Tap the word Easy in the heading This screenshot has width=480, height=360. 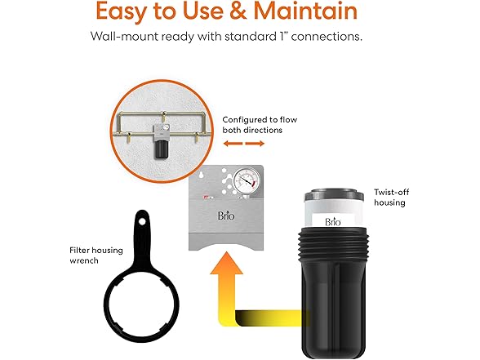click(x=130, y=12)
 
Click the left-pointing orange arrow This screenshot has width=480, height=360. click(x=233, y=144)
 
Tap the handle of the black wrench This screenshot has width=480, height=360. click(x=141, y=227)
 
